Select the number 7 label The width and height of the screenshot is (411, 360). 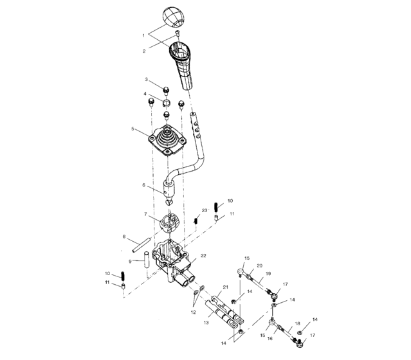coord(129,261)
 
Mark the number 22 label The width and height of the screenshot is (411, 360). coord(203,255)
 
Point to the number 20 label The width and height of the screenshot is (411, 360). coord(260,265)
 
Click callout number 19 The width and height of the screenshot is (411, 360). coord(269,273)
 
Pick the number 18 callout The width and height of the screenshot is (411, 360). coord(297,323)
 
